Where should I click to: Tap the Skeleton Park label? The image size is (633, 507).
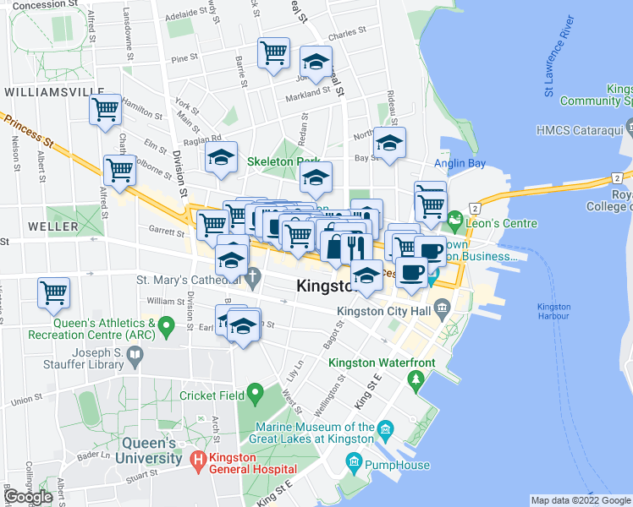[282, 161]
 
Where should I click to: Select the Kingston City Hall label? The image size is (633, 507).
[378, 311]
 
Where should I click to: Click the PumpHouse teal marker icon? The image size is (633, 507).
[354, 463]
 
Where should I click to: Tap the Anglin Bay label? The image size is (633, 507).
[459, 163]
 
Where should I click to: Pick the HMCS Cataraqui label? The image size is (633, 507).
[579, 129]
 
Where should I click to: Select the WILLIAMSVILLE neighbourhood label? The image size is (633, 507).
[47, 90]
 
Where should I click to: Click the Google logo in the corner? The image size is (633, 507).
[28, 497]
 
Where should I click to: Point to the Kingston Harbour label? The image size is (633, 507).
[553, 310]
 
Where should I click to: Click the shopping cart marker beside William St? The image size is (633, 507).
[54, 293]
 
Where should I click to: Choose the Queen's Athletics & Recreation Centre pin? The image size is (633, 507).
[167, 324]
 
